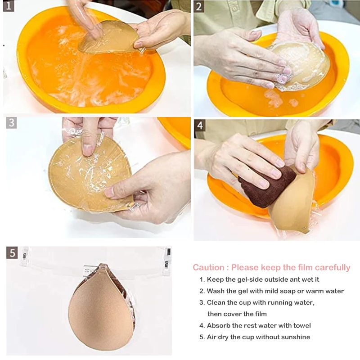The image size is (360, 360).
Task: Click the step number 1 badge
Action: [9, 6]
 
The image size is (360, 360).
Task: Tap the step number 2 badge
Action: [199, 6]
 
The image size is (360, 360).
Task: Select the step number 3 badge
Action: [12, 123]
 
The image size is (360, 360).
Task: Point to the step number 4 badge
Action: [200, 126]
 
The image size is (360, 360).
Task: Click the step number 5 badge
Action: [12, 253]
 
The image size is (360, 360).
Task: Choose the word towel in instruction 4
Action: [301, 326]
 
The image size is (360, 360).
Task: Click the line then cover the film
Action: [237, 314]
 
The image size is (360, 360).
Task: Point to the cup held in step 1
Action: [109, 37]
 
